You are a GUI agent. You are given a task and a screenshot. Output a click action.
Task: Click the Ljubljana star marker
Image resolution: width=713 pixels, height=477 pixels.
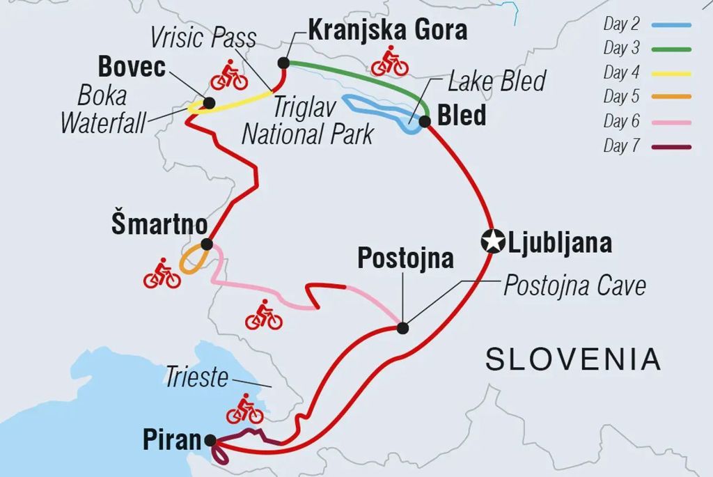click(493, 242)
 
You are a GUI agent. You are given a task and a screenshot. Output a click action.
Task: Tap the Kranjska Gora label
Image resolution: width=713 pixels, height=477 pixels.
click(387, 30)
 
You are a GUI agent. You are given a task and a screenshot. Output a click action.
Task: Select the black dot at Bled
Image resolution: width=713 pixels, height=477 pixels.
click(425, 120)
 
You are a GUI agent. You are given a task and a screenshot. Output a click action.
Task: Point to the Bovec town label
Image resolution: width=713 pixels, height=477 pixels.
click(132, 67)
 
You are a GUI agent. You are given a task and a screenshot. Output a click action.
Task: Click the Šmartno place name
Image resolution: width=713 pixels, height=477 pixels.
click(159, 225)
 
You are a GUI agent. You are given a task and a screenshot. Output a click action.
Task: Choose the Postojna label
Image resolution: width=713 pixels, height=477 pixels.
click(405, 258)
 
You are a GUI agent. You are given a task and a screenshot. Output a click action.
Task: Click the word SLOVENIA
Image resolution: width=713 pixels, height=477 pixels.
click(573, 359)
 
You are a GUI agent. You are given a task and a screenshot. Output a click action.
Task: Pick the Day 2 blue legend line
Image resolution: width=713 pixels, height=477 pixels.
click(671, 25)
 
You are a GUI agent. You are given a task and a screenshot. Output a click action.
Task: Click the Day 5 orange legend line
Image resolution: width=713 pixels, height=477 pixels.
click(671, 96)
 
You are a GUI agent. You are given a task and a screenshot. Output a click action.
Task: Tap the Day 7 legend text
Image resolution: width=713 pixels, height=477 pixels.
click(621, 146)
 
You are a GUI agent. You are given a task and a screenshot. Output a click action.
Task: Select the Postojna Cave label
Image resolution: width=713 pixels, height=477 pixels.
click(574, 285)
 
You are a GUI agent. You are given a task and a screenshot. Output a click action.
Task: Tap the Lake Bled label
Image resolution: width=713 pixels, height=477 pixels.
click(496, 81)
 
